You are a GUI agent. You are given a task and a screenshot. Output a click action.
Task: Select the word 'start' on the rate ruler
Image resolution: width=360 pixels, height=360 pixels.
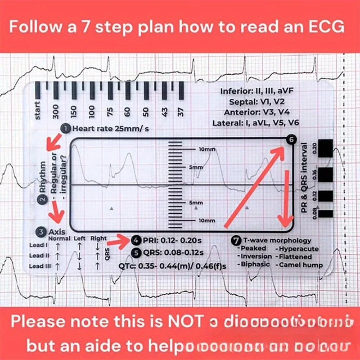coord(38,110)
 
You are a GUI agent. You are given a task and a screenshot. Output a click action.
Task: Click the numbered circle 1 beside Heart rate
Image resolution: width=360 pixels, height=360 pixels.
coord(66,129)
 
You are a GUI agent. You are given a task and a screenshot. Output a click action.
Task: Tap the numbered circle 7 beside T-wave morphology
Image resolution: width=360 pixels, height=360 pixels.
coord(236,240)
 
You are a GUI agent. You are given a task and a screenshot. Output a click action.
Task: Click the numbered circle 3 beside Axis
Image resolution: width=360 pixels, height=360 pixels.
coord(41,232)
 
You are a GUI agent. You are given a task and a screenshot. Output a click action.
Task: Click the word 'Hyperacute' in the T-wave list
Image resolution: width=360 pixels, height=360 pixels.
coord(299,248)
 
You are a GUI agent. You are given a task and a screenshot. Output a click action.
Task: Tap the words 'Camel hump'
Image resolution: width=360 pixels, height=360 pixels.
coord(301,265)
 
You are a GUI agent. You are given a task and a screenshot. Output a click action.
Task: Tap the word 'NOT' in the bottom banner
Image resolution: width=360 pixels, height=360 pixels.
coord(183,323)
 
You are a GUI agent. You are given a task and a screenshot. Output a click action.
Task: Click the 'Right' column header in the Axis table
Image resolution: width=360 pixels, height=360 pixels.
coord(99,238)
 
